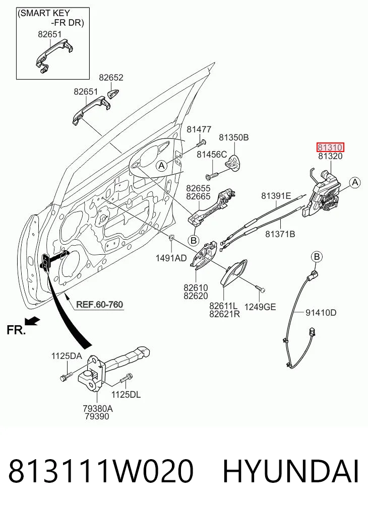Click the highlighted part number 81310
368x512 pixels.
pos(330,148)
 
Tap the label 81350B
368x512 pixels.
pos(234,137)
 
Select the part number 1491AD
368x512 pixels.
pos(171,258)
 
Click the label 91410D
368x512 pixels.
pos(321,313)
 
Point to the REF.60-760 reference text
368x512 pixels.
pos(100,305)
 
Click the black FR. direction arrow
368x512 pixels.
pos(32,321)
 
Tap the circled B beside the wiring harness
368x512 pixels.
pos(317,257)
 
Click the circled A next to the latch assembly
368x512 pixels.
pos(355,183)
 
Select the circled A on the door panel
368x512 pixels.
pos(161,166)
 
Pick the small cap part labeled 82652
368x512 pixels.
pos(113,93)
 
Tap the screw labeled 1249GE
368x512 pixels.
pos(260,289)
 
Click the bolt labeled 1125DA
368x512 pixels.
pos(66,376)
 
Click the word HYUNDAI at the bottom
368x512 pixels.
pos(291,471)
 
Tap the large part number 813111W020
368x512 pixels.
pos(101,471)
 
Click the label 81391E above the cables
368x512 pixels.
pos(276,196)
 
